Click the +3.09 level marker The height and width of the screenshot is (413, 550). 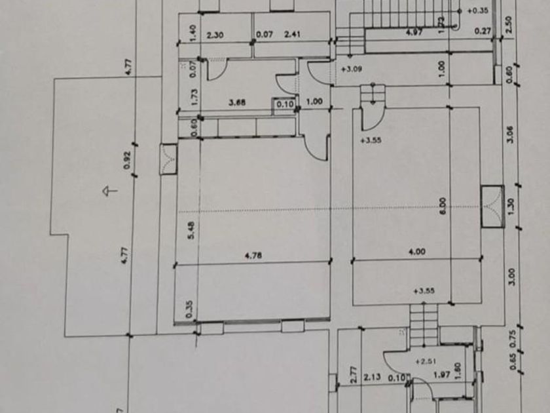pyautogui.click(x=352, y=68)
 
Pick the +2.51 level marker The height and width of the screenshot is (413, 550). pyautogui.click(x=426, y=361)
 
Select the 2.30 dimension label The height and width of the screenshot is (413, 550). pyautogui.click(x=215, y=35)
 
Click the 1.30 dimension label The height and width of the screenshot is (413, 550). pyautogui.click(x=511, y=205)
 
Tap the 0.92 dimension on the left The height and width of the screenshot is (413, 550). pyautogui.click(x=127, y=160)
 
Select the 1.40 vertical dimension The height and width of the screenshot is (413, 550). pyautogui.click(x=192, y=33)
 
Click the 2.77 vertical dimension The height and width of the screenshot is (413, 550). pyautogui.click(x=354, y=374)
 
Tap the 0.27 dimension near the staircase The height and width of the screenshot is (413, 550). pyautogui.click(x=483, y=30)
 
